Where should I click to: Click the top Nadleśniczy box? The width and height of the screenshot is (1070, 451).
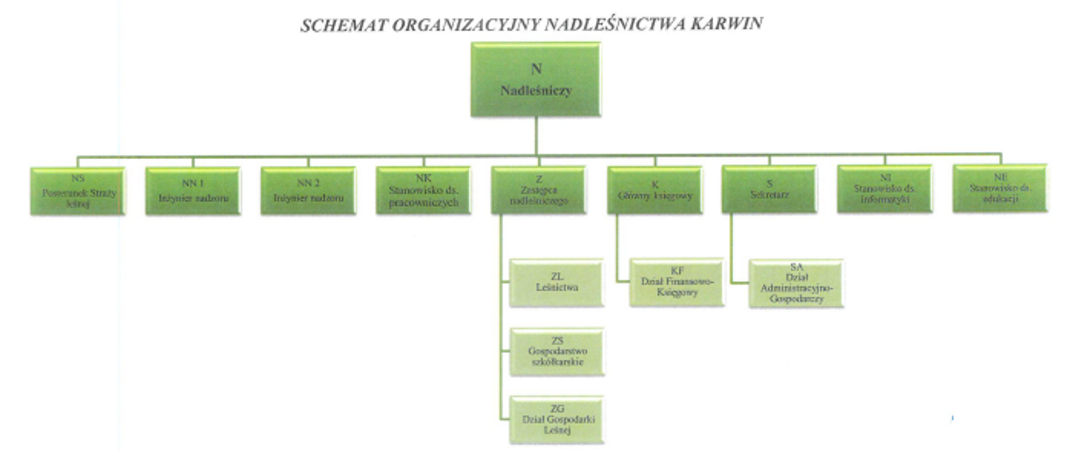click(536, 80)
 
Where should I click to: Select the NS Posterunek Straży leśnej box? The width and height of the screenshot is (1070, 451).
click(78, 191)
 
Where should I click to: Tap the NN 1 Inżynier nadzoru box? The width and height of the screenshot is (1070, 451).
click(193, 191)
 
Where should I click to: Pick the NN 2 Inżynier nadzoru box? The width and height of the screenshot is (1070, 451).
click(308, 191)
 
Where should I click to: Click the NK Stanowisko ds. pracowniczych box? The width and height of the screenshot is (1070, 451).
click(424, 190)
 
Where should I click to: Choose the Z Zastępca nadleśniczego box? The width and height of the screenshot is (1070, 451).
click(538, 190)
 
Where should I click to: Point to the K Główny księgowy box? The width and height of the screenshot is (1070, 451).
click(655, 190)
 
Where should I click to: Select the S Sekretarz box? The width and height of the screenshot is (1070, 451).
click(770, 189)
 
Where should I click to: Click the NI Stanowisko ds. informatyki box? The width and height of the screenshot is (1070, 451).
click(884, 189)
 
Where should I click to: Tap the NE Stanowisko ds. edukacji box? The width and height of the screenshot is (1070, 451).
click(1000, 188)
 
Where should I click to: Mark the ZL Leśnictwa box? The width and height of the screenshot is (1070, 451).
click(557, 282)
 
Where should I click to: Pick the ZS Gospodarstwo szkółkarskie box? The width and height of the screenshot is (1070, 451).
click(557, 351)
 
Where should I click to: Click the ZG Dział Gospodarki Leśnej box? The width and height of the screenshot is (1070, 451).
click(557, 419)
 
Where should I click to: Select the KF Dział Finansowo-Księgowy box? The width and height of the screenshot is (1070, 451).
click(677, 282)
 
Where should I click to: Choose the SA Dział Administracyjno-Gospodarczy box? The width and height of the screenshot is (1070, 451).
click(796, 283)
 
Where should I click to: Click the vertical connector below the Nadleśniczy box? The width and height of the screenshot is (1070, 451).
click(536, 136)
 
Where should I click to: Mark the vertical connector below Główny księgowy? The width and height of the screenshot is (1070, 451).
click(617, 248)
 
